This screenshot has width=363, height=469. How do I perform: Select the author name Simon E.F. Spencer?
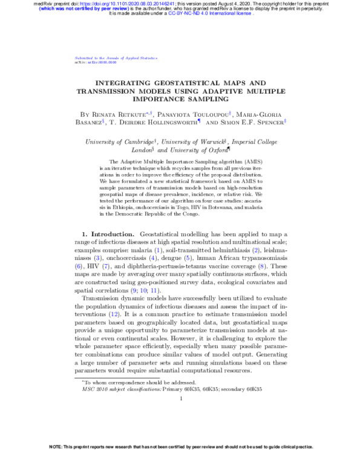click(x=253, y=121)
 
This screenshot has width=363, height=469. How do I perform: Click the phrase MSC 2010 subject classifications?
click(x=120, y=390)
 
